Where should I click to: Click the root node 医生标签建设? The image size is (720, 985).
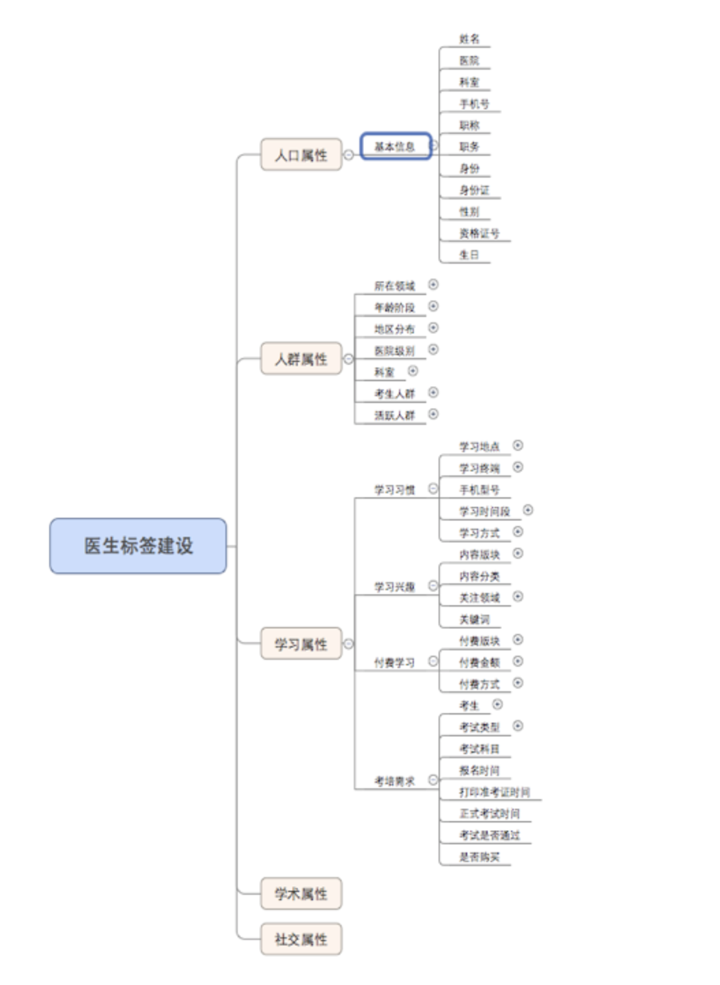[x=138, y=545]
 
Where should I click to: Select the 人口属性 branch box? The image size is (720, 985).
[x=301, y=155]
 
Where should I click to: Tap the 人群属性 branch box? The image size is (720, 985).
[x=301, y=359]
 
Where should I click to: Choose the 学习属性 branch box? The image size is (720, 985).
[x=301, y=643]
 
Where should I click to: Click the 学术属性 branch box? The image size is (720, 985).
[x=301, y=893]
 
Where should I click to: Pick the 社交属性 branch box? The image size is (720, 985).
[x=301, y=939]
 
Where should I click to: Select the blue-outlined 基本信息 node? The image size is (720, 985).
[x=396, y=146]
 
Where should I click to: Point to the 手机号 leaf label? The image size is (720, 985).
[x=474, y=104]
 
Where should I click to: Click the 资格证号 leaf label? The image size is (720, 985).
[x=479, y=234]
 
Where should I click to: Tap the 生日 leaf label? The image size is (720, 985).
[x=469, y=255]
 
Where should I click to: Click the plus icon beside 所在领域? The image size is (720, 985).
[x=433, y=284]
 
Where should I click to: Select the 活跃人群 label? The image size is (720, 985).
[x=394, y=415]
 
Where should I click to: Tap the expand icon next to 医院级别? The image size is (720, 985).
[x=433, y=349]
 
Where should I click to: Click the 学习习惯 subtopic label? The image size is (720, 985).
[x=394, y=490]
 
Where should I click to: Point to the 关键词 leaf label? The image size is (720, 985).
[x=474, y=620]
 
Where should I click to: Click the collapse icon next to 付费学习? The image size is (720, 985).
[x=433, y=661]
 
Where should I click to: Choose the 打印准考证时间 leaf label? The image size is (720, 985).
[x=494, y=792]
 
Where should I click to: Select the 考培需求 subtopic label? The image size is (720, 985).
[x=394, y=781]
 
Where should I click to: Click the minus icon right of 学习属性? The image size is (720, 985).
[x=348, y=643]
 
